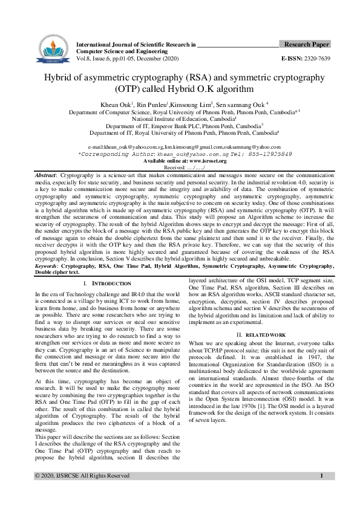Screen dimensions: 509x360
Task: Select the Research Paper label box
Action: [306, 45]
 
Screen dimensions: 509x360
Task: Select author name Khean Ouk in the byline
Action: [118, 105]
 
